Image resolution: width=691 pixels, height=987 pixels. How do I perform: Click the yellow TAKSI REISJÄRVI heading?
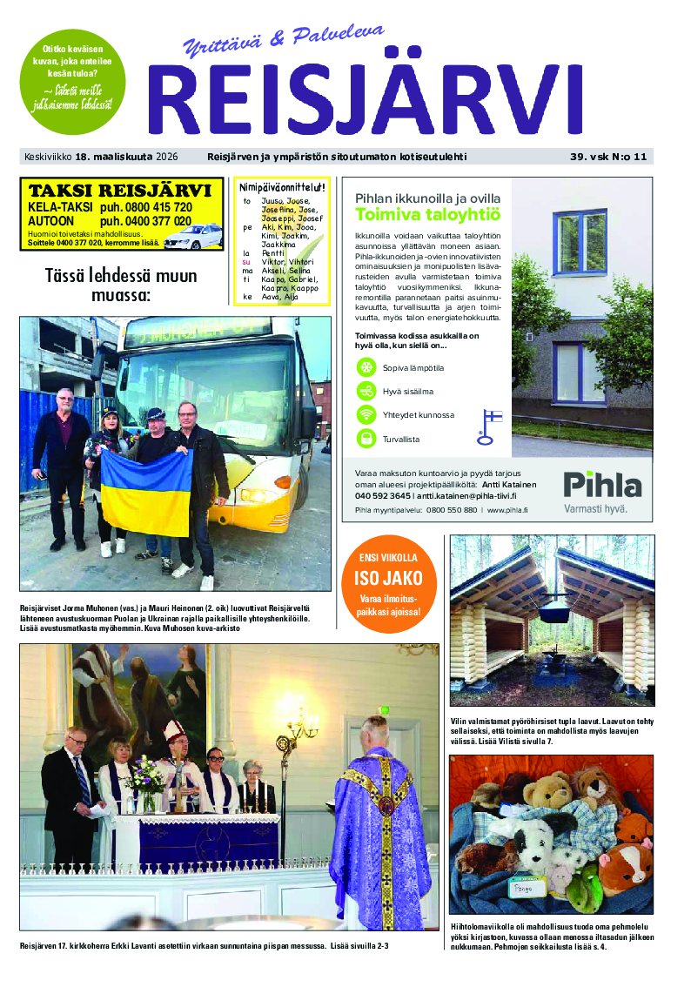(119, 191)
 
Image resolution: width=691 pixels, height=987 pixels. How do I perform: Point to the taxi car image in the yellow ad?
(192, 235)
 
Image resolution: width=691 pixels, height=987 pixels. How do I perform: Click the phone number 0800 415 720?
(145, 208)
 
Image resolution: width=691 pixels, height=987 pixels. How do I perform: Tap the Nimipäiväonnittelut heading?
(282, 187)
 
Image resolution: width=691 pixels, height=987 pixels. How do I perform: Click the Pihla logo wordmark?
(601, 484)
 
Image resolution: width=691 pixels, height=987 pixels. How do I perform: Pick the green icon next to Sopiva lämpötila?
(366, 367)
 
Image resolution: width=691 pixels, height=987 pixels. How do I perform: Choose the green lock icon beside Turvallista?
(366, 438)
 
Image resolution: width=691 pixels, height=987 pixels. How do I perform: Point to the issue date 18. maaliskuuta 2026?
(126, 158)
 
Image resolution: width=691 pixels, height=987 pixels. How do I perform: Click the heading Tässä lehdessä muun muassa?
(121, 286)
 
